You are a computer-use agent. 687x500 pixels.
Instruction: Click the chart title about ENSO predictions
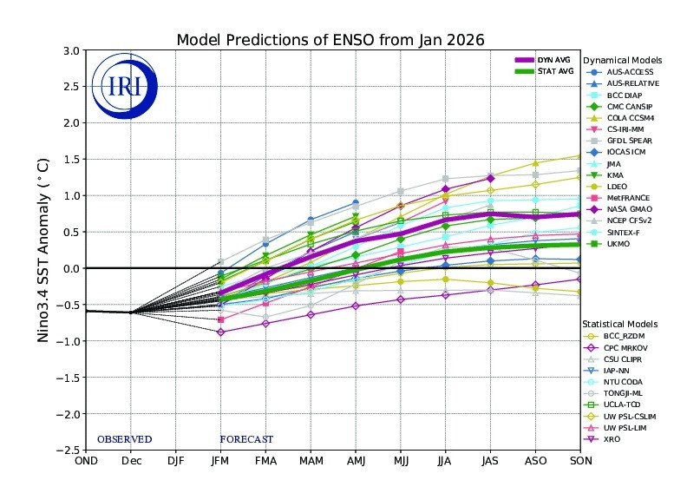330,40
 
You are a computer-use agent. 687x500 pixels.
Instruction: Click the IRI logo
128,86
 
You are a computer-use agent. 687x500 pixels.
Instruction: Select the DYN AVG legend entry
539,59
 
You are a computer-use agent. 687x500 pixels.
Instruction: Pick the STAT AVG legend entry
539,70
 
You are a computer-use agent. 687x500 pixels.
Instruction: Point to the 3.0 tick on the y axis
69,50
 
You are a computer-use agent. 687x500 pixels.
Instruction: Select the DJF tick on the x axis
175,461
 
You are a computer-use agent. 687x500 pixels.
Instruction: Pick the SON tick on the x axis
580,461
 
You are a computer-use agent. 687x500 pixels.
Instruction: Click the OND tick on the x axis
86,461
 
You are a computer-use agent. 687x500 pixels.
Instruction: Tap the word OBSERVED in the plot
124,439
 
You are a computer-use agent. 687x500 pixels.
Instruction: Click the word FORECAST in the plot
246,439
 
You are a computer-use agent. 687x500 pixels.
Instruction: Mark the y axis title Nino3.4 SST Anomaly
44,250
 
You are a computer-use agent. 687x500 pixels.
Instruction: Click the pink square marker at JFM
221,320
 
